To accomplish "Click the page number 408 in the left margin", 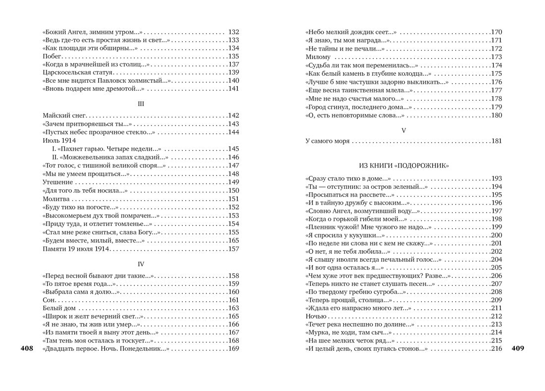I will click(27, 349).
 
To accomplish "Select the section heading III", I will click(141, 104).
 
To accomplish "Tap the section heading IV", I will click(141, 264).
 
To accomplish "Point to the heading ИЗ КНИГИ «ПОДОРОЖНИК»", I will click(404, 166).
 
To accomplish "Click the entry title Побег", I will click(52, 56).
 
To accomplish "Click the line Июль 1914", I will click(59, 140).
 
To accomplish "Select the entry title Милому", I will click(318, 57).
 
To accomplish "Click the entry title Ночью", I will click(316, 316).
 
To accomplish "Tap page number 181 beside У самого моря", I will click(496, 141).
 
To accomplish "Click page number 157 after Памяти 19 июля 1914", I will click(233, 249).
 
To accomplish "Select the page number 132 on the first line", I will click(233, 32).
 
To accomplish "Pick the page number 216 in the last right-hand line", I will click(496, 349).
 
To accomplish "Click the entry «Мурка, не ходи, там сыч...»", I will click(349, 333).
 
